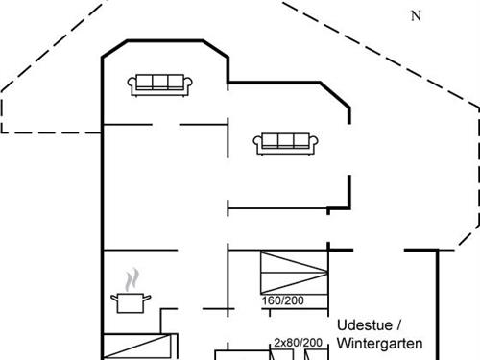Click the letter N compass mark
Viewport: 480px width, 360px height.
click(416, 15)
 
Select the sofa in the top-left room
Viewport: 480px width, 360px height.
click(161, 84)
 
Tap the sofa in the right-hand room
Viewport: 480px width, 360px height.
click(286, 144)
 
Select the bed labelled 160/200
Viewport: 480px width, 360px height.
click(293, 273)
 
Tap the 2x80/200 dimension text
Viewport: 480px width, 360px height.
click(298, 342)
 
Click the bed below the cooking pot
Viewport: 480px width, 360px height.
click(140, 347)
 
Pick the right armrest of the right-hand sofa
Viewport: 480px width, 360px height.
click(314, 145)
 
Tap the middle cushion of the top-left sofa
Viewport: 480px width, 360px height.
click(161, 82)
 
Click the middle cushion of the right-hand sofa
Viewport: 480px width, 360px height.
click(286, 141)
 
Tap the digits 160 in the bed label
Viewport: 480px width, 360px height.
click(270, 300)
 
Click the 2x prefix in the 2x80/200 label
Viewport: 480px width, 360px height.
click(278, 342)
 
